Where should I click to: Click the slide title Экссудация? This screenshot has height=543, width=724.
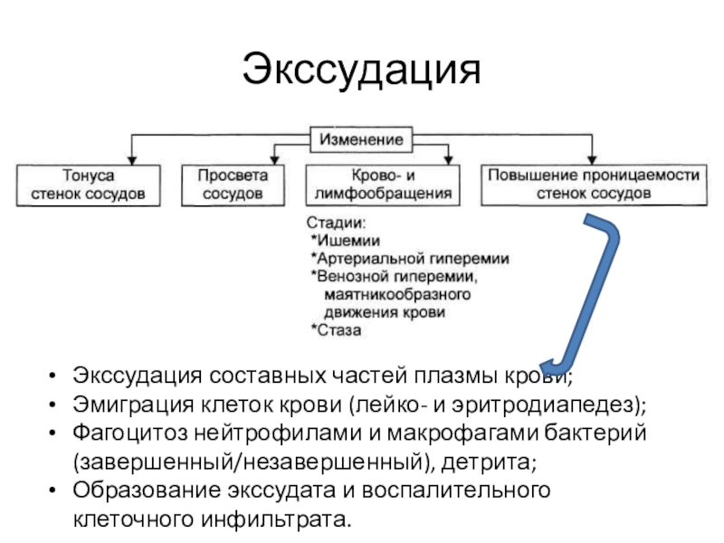pyautogui.click(x=361, y=69)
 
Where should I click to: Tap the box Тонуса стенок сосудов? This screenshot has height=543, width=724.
pyautogui.click(x=89, y=185)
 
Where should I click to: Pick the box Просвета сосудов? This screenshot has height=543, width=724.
pyautogui.click(x=233, y=185)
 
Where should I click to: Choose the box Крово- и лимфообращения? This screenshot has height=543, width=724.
pyautogui.click(x=380, y=185)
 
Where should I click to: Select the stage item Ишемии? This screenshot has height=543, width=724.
pyautogui.click(x=349, y=241)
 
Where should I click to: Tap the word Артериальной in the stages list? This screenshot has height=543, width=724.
pyautogui.click(x=371, y=259)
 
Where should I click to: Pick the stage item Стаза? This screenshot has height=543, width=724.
pyautogui.click(x=340, y=330)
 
